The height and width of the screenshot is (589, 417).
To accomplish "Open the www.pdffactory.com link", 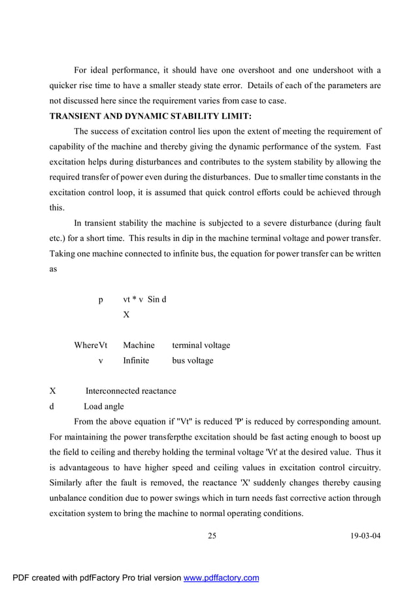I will pyautogui.click(x=221, y=577).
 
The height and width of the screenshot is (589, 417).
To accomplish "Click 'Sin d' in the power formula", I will pyautogui.click(x=157, y=300).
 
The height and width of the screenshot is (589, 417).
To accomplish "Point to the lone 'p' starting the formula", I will pyautogui.click(x=101, y=300).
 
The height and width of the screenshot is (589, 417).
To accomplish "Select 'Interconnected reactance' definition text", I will pyautogui.click(x=131, y=391).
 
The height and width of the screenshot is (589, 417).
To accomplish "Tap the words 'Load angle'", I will pyautogui.click(x=103, y=406).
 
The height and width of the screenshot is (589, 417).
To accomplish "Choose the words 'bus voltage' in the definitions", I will pyautogui.click(x=192, y=360).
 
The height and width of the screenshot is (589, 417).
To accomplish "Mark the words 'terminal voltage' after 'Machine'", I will pyautogui.click(x=201, y=345).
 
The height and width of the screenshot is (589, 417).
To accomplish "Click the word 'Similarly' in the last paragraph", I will pyautogui.click(x=68, y=483).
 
